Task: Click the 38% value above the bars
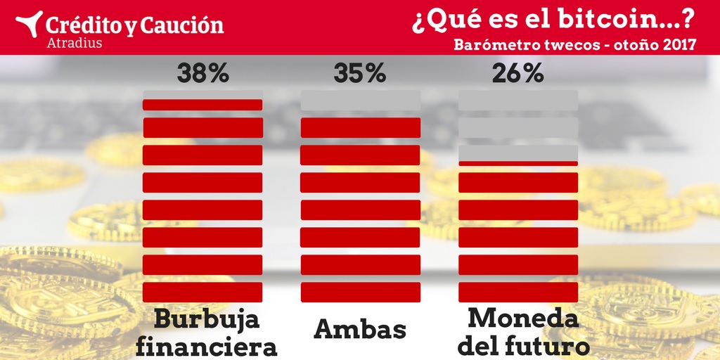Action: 202,73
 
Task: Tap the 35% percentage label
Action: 360,73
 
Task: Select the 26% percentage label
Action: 517,73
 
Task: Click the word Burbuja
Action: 207,321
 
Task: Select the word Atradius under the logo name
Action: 74,43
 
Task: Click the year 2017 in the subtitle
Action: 679,44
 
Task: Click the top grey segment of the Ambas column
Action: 360,100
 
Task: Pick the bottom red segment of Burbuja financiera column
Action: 202,292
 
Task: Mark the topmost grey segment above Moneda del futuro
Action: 517,100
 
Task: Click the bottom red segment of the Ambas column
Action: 360,292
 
